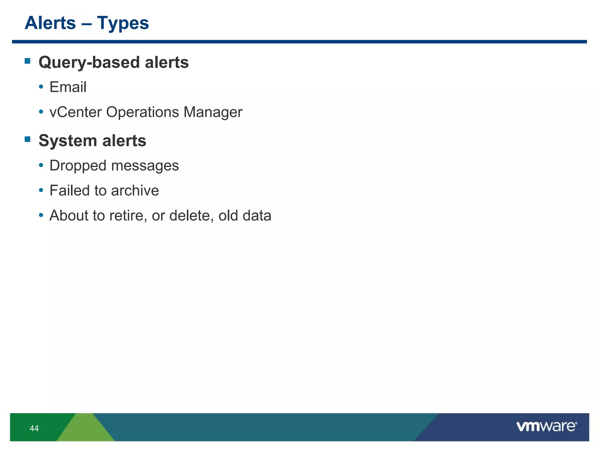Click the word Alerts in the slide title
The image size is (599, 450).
pos(50,23)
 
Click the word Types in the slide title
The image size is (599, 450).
pos(123,23)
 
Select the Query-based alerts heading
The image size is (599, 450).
pos(113,62)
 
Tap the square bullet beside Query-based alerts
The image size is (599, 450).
pos(28,61)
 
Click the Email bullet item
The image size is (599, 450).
pos(68,87)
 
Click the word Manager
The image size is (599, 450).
pos(213,112)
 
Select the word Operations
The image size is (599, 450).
pos(142,112)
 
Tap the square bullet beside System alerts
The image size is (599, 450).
pos(28,139)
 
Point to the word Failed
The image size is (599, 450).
pos(69,190)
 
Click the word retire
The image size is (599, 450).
pos(126,216)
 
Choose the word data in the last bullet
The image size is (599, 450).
pos(257,216)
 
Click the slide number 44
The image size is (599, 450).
pos(34,428)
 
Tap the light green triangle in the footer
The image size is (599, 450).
pos(86,429)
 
